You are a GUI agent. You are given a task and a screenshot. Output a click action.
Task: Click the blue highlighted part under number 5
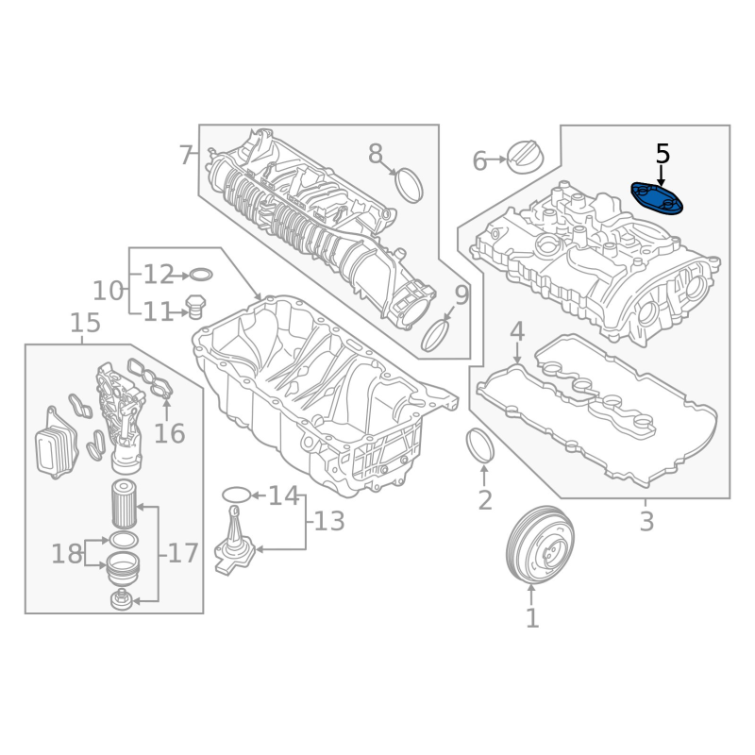pyautogui.click(x=657, y=199)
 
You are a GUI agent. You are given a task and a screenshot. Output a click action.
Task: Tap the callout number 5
pyautogui.click(x=663, y=154)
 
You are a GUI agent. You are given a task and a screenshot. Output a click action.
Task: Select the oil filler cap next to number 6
pyautogui.click(x=527, y=158)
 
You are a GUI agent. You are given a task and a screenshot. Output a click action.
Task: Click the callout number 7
pyautogui.click(x=186, y=155)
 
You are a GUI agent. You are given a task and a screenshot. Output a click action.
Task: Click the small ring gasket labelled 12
pyautogui.click(x=201, y=276)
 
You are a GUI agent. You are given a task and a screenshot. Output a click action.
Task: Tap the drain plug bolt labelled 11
pyautogui.click(x=194, y=308)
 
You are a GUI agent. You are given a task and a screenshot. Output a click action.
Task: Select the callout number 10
pyautogui.click(x=108, y=291)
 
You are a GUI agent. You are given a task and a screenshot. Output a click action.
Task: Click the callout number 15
pyautogui.click(x=85, y=323)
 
